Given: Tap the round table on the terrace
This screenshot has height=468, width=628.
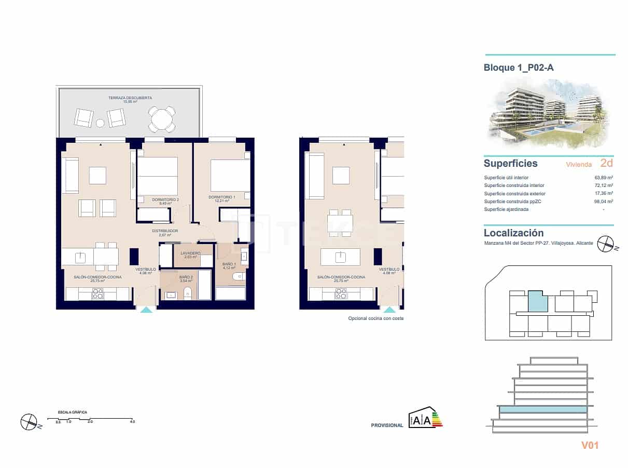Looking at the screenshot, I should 162,119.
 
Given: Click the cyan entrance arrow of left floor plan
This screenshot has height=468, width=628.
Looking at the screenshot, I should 147,310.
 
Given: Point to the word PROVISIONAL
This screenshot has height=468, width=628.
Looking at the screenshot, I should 387,425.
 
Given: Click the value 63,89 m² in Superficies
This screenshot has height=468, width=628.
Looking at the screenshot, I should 604,177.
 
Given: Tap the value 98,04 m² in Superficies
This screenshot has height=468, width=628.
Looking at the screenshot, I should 604,201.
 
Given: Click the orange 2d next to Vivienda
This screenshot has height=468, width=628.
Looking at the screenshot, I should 606,163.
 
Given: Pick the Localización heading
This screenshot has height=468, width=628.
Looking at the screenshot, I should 513,233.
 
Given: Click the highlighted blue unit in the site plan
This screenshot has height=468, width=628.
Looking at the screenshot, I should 538,301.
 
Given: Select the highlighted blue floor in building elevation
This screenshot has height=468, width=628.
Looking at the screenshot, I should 542,409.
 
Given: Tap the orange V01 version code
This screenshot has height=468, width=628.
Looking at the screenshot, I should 590,445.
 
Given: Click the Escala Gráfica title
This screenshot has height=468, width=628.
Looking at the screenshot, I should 73,412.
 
